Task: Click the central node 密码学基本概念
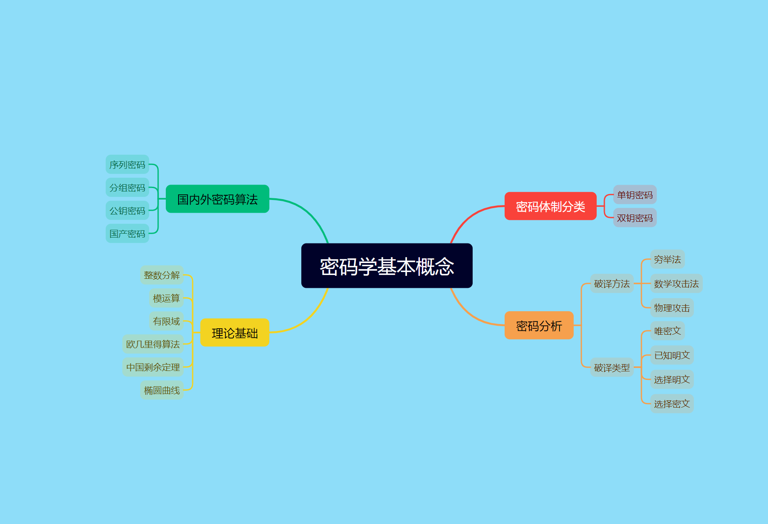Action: pyautogui.click(x=387, y=266)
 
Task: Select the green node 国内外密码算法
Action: pyautogui.click(x=217, y=199)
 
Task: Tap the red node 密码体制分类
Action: pyautogui.click(x=550, y=206)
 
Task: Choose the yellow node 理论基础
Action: pyautogui.click(x=234, y=333)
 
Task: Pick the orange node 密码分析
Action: pyautogui.click(x=539, y=326)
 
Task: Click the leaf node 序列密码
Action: pyautogui.click(x=127, y=165)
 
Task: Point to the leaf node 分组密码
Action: pyautogui.click(x=127, y=188)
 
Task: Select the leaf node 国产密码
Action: pyautogui.click(x=127, y=234)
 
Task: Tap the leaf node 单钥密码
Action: pyautogui.click(x=635, y=195)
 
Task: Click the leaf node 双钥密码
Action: pyautogui.click(x=635, y=218)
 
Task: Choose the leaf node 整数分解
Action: pyautogui.click(x=162, y=275)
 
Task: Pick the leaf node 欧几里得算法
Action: pyautogui.click(x=153, y=344)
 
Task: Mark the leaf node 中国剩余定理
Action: pyautogui.click(x=153, y=367)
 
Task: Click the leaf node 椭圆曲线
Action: pyautogui.click(x=162, y=390)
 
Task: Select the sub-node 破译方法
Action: pyautogui.click(x=612, y=284)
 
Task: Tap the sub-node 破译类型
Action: pyautogui.click(x=612, y=368)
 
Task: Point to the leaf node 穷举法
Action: pyautogui.click(x=667, y=259)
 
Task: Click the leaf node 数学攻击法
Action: pyautogui.click(x=676, y=284)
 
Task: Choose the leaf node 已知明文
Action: pyautogui.click(x=672, y=355)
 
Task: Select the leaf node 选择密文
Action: pyautogui.click(x=672, y=404)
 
